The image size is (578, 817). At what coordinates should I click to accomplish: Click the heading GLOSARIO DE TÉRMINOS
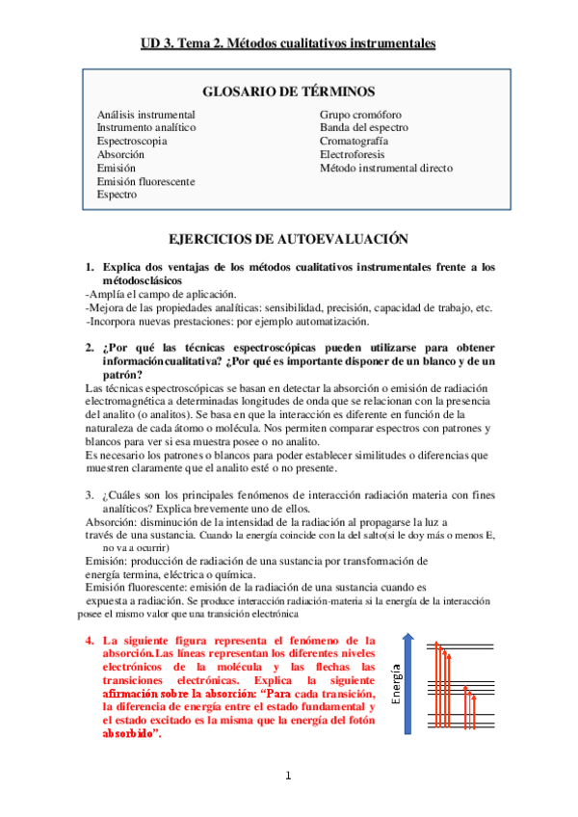pos(289,92)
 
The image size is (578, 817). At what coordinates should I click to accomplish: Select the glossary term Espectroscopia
pos(132,141)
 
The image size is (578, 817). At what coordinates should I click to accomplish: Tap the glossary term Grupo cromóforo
pos(361,114)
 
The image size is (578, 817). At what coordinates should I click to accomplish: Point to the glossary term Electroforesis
pos(355,154)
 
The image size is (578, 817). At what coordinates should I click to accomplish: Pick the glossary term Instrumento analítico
pos(146,127)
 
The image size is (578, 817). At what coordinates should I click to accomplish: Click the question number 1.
pos(89,267)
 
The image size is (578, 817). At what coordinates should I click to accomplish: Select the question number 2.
pos(89,348)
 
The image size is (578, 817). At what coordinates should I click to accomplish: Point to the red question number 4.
pos(89,640)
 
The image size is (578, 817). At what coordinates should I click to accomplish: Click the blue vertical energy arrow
pos(408,684)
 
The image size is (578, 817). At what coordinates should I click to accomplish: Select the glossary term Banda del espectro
pos(364,127)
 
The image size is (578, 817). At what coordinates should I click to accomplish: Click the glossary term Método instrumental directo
pos(386,168)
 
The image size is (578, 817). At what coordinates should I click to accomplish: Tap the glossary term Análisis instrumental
pos(145,114)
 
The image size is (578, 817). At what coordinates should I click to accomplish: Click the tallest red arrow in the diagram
pos(435,684)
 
